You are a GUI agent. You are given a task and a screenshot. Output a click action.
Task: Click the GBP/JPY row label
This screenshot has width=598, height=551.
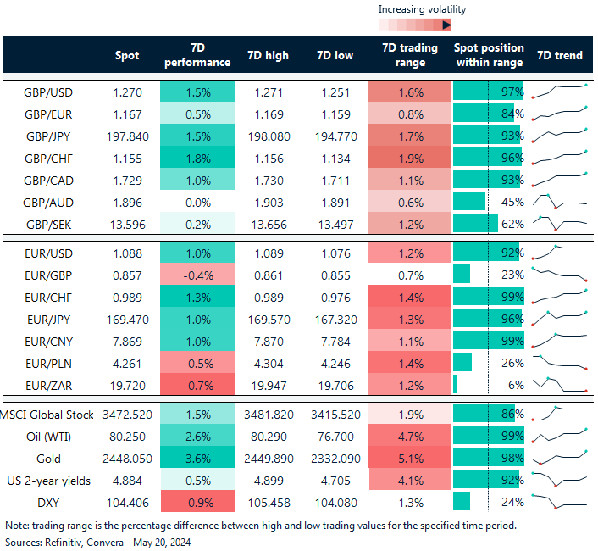(47, 136)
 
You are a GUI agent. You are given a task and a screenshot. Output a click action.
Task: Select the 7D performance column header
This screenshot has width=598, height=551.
(197, 56)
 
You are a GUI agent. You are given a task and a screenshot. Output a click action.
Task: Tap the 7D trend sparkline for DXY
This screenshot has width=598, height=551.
(559, 502)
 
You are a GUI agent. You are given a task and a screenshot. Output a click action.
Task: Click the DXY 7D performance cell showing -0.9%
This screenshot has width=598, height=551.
(197, 502)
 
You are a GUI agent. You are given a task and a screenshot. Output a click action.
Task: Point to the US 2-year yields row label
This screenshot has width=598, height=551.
(47, 480)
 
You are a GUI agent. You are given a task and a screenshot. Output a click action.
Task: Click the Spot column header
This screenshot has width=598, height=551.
(127, 56)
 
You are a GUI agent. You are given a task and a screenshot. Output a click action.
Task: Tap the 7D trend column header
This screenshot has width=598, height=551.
(559, 56)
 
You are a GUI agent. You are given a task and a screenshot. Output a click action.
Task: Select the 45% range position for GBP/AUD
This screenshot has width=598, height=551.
(512, 202)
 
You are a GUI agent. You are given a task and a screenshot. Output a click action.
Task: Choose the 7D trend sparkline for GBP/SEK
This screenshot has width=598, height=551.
(559, 224)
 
